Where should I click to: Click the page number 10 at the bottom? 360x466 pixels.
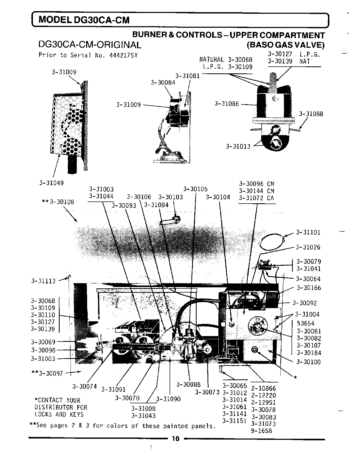point(175,439)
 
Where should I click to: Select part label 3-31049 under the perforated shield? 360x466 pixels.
point(51,183)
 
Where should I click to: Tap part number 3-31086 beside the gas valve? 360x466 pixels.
point(226,104)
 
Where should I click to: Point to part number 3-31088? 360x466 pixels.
point(311,114)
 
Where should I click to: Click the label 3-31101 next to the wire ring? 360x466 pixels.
point(308,232)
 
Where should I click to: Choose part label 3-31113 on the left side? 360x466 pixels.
point(43,281)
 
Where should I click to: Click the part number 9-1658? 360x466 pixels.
point(261,431)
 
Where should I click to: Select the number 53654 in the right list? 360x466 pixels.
point(306,323)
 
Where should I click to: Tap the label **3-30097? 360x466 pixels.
point(47,374)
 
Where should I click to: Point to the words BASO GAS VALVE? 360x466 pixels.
point(286,45)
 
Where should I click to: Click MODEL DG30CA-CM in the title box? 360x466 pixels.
point(84,20)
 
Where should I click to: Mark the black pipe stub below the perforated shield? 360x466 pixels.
point(73,166)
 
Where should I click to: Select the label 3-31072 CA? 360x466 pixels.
point(256,198)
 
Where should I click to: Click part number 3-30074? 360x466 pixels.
point(84,386)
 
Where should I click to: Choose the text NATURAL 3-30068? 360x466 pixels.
point(226,60)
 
